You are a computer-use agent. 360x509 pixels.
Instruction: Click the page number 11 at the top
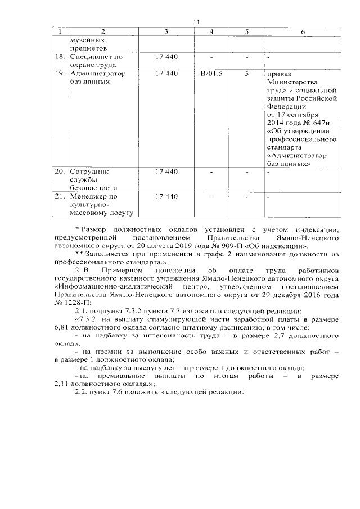coord(196,22)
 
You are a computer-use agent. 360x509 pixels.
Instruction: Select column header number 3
coord(166,32)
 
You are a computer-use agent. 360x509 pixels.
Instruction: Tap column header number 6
coord(303,32)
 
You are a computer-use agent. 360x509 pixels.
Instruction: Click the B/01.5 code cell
coord(211,74)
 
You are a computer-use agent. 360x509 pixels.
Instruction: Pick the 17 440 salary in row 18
coord(166,57)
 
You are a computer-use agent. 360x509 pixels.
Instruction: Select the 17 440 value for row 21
coord(166,196)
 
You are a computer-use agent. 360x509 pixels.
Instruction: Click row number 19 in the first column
coord(59,74)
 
